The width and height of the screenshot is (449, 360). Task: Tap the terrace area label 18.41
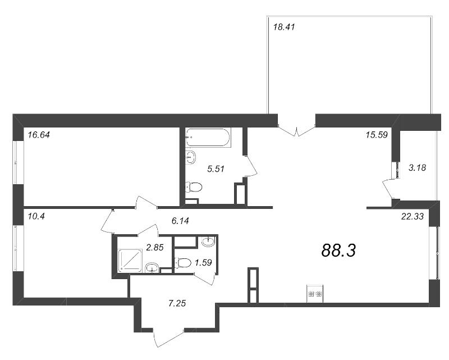[283, 27]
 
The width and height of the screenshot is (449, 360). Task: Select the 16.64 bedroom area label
[38, 134]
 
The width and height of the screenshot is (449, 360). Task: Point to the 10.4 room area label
[34, 215]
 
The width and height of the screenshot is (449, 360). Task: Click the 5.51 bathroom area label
[216, 167]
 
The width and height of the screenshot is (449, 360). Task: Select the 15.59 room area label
[375, 134]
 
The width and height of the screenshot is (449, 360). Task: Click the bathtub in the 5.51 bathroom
[208, 136]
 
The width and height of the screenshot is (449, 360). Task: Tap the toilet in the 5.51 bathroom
[193, 187]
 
